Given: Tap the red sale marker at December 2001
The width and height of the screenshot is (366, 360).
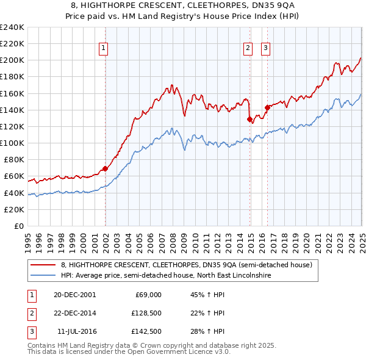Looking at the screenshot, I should point(105,168).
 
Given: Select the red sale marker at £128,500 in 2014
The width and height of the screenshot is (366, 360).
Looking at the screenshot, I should point(249,119).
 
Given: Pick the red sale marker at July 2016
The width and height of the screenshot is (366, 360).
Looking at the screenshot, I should point(267,107).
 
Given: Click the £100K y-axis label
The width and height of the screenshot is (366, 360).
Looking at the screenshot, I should point(12,143).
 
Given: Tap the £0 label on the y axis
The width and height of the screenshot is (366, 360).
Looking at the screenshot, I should point(18,226).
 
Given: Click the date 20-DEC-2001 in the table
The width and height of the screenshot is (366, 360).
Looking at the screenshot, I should point(74,294).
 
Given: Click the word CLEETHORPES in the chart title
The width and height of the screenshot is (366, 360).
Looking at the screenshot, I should point(191,4).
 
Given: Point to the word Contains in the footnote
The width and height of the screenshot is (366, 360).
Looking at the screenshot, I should point(42,345).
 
